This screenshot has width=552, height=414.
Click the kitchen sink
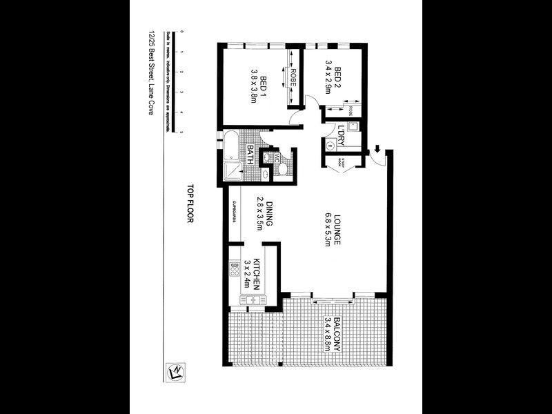point(252,299)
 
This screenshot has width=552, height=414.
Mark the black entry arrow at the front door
point(378,148)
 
